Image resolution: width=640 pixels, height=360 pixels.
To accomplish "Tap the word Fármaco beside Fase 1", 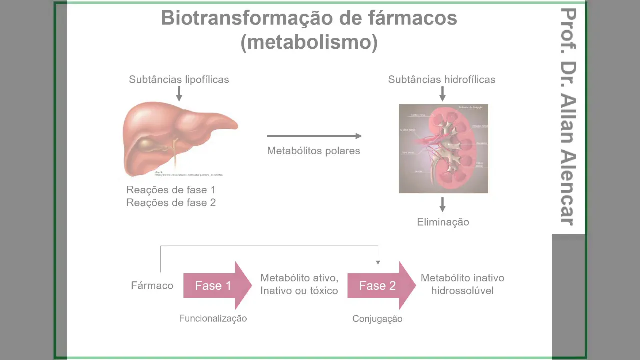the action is point(152,286).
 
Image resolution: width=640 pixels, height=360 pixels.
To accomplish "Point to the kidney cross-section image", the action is point(443,149).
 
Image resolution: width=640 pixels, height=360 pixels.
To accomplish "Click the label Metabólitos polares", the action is point(313,151).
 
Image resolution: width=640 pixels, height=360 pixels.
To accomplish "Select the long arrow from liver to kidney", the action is point(314,136).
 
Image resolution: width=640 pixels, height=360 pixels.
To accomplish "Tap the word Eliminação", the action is point(443,222).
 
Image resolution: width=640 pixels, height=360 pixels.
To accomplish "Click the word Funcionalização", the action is point(213,319).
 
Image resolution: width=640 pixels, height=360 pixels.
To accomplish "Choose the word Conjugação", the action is point(377,319).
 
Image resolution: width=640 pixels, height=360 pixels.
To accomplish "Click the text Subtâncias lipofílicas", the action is point(179,80).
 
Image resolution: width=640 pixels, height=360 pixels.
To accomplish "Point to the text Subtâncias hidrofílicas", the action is point(442,80).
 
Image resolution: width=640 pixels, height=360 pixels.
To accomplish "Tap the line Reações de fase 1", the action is point(171,190).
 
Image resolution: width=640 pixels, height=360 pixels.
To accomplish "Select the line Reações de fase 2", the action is point(171,203).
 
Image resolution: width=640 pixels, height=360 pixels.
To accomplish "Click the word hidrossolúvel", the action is point(462,291).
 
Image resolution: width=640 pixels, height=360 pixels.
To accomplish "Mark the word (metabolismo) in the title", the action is point(309,43).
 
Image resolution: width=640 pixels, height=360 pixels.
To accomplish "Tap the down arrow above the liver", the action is point(179,93).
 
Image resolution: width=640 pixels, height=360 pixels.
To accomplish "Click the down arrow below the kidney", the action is point(442,204).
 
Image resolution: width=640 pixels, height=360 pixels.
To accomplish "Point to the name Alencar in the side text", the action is point(568,188).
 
